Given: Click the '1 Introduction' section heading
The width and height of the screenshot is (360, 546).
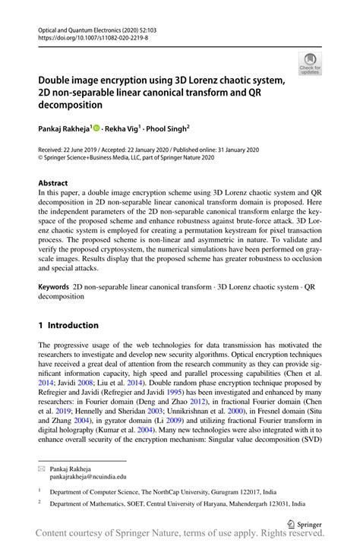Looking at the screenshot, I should coord(68,325).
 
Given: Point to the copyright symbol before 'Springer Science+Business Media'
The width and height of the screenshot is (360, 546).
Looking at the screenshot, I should coord(41,160).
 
